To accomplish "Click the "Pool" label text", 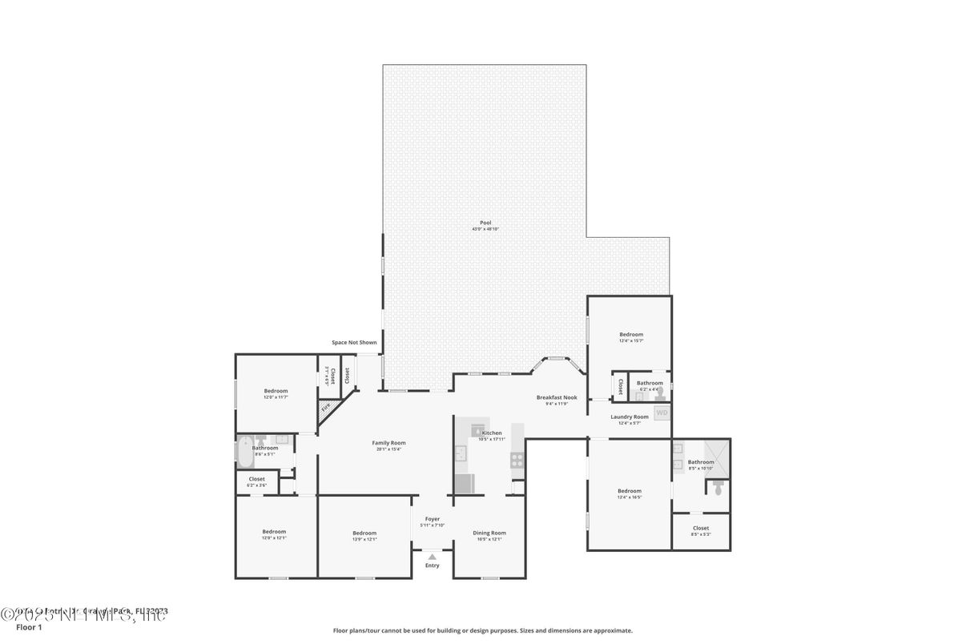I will (x=485, y=223).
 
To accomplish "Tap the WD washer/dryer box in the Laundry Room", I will (x=662, y=413).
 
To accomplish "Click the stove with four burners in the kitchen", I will (x=517, y=460).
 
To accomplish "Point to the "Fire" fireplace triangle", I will (x=326, y=408).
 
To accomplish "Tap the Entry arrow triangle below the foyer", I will (x=433, y=556).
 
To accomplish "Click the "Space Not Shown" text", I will (x=354, y=343).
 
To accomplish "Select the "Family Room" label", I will (x=388, y=443).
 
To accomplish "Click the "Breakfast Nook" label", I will (x=557, y=397).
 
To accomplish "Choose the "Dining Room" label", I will (x=489, y=533).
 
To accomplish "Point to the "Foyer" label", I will (x=433, y=519).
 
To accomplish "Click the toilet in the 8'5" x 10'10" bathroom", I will (x=718, y=487).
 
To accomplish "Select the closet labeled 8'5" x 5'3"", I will (x=701, y=531).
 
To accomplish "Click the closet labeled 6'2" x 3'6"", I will (x=256, y=481).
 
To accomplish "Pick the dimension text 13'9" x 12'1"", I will (x=364, y=539).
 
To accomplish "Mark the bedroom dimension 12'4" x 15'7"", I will (x=631, y=340).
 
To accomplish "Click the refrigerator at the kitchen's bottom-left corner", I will (x=465, y=484).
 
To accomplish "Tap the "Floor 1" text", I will (x=29, y=627).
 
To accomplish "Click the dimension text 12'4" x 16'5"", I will (x=629, y=497).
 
